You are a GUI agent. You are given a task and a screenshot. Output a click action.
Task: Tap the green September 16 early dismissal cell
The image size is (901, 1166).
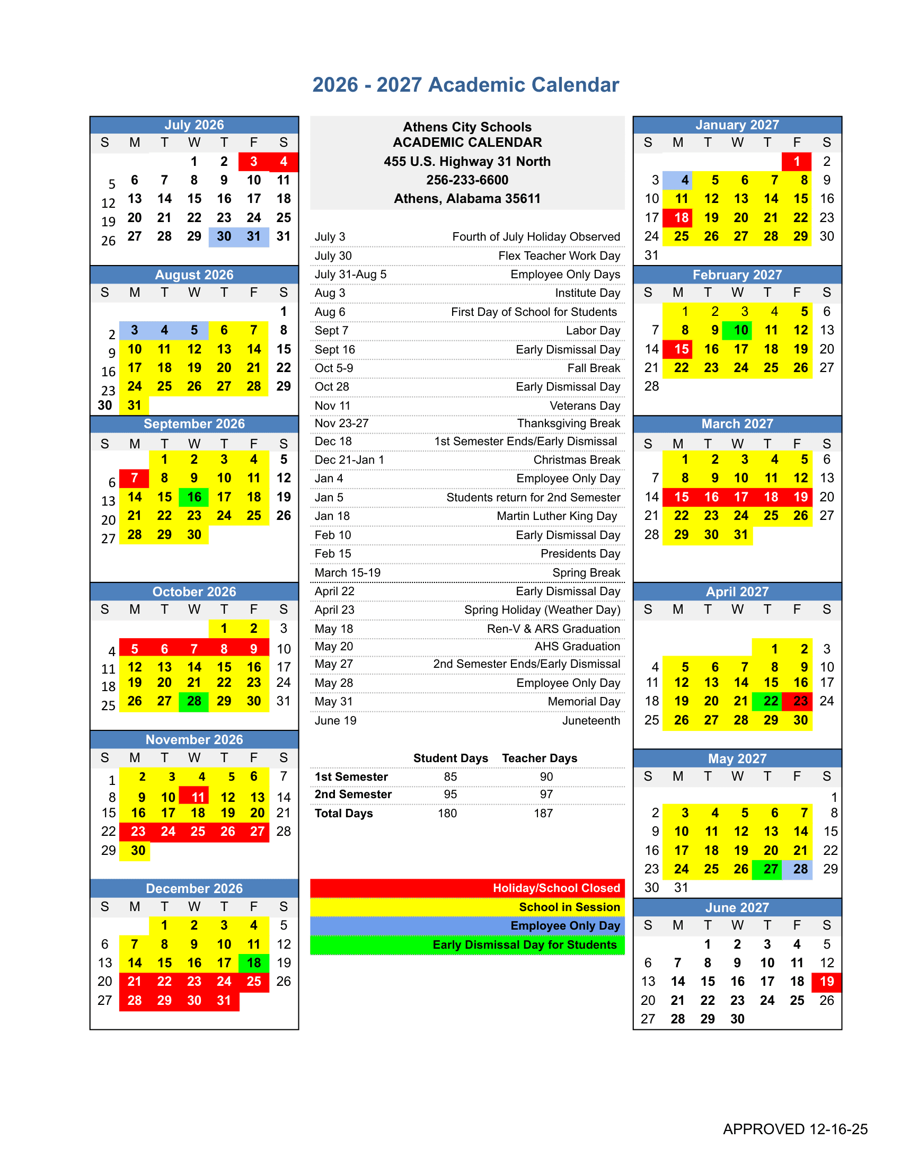[194, 497]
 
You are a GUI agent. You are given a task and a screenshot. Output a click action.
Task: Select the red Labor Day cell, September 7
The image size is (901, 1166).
[134, 478]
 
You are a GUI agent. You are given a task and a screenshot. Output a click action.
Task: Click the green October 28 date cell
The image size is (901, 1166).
[194, 701]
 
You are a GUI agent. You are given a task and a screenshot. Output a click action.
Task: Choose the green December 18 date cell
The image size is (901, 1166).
[253, 962]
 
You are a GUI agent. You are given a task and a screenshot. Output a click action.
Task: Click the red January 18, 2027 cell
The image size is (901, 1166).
[681, 217]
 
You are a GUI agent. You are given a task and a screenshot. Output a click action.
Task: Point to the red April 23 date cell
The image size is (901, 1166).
[800, 701]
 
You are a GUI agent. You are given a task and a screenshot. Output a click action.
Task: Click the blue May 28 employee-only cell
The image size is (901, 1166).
[800, 869]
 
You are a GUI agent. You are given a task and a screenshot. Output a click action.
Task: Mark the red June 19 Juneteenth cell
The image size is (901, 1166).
[826, 981]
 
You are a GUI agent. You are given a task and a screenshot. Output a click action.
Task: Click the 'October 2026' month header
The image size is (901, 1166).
[195, 591]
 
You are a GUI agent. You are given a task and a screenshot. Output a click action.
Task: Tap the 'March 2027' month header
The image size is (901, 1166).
[737, 424]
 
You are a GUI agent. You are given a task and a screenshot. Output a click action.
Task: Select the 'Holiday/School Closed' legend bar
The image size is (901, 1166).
[467, 888]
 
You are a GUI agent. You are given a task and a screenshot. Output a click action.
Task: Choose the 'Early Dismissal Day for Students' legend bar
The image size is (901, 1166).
[467, 944]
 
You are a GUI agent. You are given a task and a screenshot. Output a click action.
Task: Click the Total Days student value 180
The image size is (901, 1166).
[447, 813]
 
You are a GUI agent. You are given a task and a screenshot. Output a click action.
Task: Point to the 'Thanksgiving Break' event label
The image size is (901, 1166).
[568, 423]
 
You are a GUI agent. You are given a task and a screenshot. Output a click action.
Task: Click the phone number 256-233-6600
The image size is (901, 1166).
[467, 180]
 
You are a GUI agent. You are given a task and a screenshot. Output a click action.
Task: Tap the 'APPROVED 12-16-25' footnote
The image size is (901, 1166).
[795, 1128]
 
